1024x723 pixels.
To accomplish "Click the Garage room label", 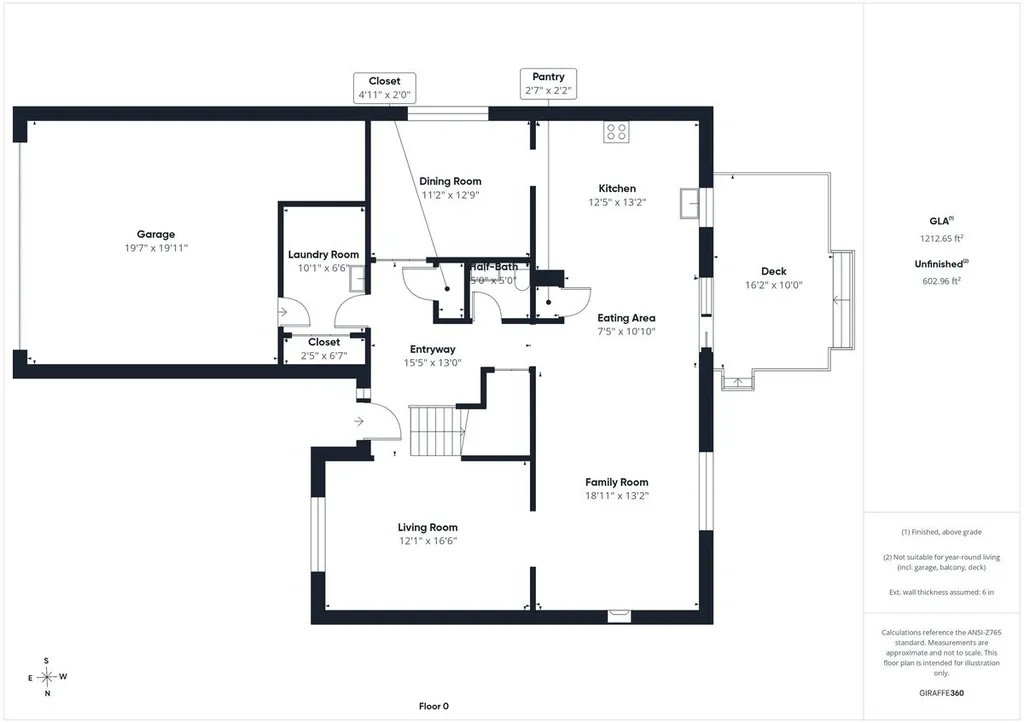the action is (156, 234).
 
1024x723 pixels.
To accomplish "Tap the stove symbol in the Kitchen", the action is (616, 132).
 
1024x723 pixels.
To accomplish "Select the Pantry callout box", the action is (548, 84).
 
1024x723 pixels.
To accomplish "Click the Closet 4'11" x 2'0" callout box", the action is (384, 88).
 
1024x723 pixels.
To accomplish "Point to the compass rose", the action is (47, 677).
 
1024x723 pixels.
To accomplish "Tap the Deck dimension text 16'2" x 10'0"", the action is (774, 285).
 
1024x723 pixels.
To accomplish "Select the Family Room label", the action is (616, 482).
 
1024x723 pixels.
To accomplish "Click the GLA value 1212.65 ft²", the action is (942, 238).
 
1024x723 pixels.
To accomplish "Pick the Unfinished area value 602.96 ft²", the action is (942, 281).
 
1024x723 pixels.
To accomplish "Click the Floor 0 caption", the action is (434, 706).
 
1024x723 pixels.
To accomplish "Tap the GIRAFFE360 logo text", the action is (941, 693).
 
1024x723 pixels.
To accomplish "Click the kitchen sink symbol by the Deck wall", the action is (689, 203).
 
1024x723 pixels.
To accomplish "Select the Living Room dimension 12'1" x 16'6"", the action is (428, 541).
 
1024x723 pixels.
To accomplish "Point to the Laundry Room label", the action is (323, 255).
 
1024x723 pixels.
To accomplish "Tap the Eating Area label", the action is (626, 318).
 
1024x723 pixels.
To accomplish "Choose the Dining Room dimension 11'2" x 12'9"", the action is (451, 195).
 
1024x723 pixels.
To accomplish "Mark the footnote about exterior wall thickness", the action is (941, 592).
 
